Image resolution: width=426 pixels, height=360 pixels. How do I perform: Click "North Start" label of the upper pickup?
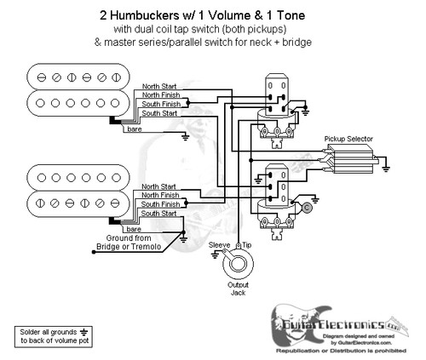point(160,86)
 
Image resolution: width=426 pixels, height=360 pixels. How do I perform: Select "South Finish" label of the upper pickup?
point(160,104)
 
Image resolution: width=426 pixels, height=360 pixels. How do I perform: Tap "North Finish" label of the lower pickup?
point(160,195)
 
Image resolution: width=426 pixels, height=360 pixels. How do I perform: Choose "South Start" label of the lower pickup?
point(160,214)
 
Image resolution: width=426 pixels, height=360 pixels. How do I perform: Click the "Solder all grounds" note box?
point(52,334)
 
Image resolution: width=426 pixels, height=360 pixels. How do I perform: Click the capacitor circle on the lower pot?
point(306,206)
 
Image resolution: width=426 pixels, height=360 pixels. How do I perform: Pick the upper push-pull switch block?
point(274,94)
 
